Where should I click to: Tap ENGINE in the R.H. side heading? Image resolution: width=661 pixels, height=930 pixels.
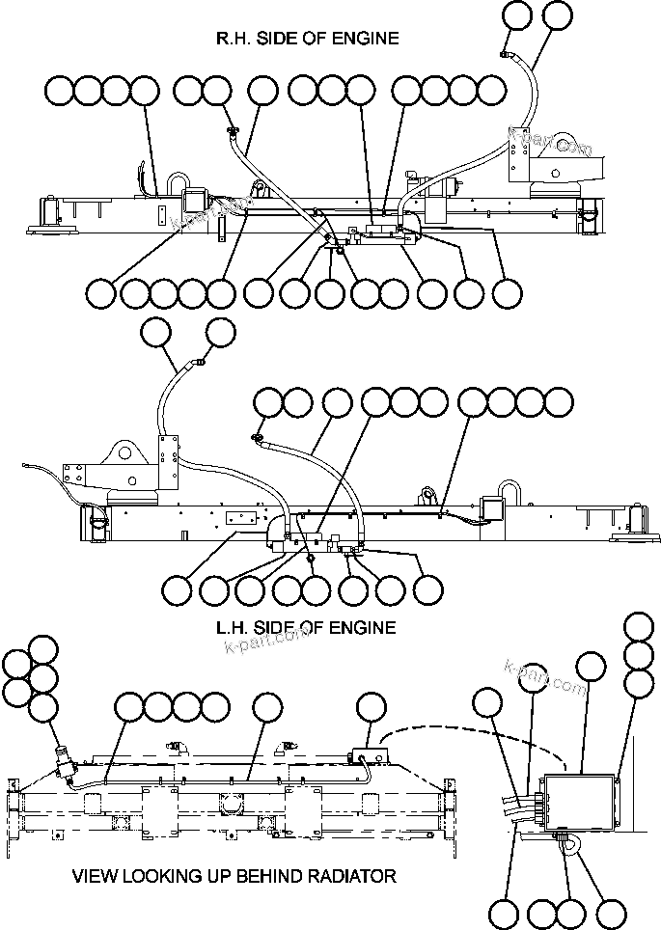click(364, 39)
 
